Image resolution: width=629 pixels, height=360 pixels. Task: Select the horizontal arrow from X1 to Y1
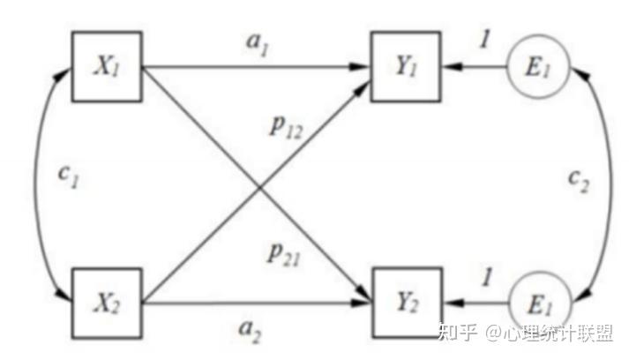256,66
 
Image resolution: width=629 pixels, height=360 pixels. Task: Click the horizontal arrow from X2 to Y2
256,304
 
